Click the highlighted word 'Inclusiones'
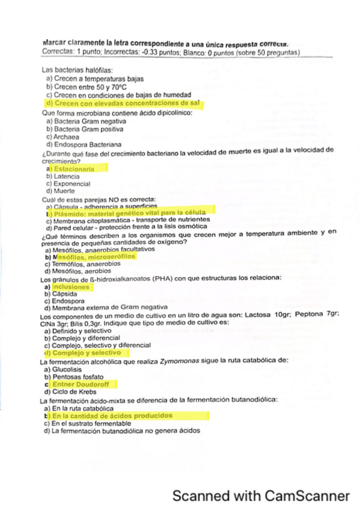pos(72,287)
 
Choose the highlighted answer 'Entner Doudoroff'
pos(84,384)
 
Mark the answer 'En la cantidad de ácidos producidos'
pos(112,416)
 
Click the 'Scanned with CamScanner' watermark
pos(260,496)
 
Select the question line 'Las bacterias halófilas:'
pos(75,71)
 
